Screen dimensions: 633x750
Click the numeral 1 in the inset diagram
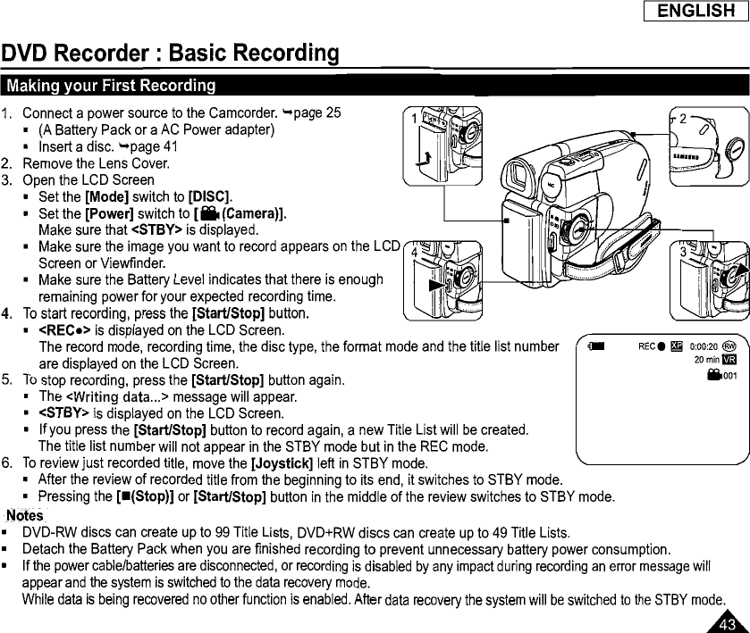click(x=414, y=118)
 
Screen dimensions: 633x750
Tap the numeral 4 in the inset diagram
click(x=414, y=252)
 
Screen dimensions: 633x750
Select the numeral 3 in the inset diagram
click(x=683, y=252)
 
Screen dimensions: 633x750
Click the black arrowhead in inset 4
click(x=434, y=286)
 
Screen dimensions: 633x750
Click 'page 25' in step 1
click(x=323, y=113)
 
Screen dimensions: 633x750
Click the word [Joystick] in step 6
click(x=283, y=463)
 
